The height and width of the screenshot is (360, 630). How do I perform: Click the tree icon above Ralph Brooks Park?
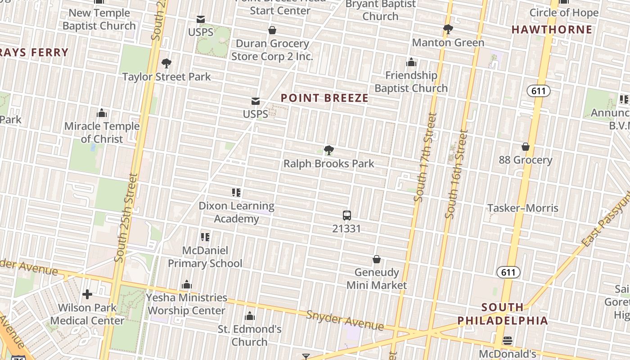point(329,150)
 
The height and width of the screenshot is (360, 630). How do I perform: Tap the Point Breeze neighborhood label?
point(324,98)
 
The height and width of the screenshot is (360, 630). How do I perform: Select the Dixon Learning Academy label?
point(236,212)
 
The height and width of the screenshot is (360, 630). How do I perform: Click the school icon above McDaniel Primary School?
point(205,237)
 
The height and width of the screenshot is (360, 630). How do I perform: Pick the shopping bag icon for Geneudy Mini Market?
point(377,259)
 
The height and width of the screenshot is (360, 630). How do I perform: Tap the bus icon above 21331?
point(346,216)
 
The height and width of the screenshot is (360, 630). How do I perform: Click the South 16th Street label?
point(457,174)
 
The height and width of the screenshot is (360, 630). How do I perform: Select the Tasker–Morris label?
point(523,208)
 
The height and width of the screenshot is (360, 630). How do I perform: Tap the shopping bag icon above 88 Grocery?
point(525,147)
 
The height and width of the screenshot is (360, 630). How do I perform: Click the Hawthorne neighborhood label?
point(552,30)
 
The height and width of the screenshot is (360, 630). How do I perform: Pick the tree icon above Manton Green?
point(448,29)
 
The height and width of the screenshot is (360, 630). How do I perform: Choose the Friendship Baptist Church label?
point(411,81)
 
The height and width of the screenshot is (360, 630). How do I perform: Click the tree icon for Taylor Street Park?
point(166,63)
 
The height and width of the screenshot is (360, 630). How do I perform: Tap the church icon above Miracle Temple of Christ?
point(102,112)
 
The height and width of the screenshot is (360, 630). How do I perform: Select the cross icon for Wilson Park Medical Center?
point(87,294)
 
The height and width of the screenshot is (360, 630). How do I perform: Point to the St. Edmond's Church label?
point(250,336)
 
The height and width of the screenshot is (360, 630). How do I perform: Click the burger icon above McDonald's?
point(508,340)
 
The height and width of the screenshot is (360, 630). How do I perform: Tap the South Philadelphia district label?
point(503,314)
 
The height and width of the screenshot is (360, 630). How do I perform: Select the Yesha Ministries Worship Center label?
point(187,304)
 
